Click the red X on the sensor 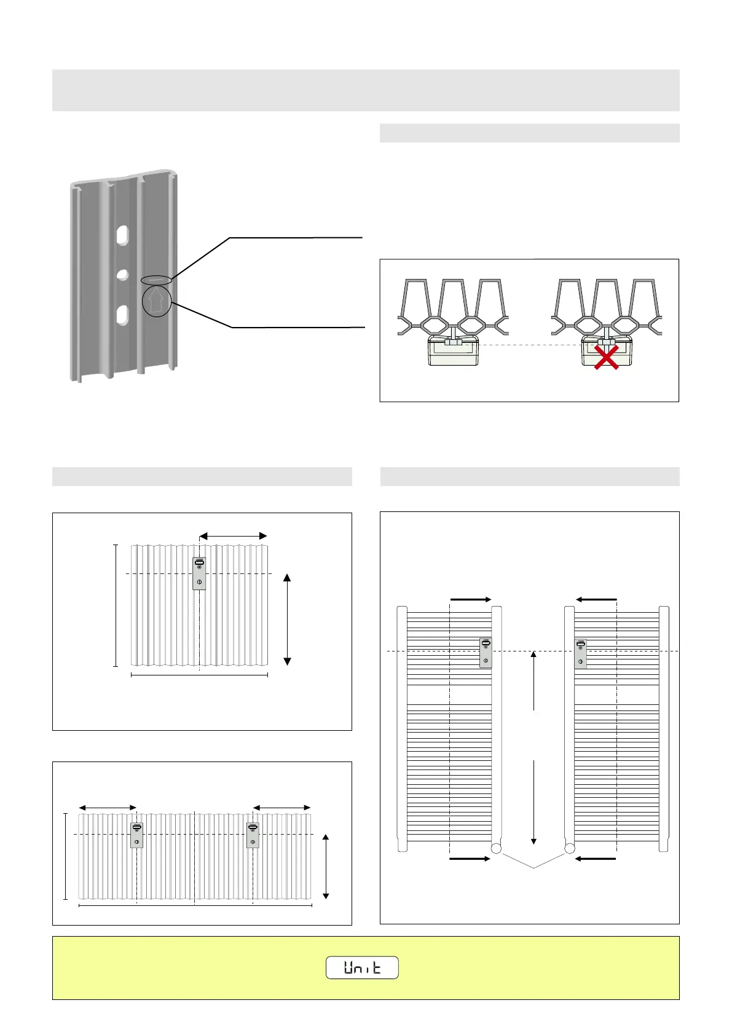tap(606, 357)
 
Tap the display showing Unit tap(362, 967)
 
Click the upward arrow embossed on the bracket tap(156, 301)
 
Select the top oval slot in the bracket tap(123, 235)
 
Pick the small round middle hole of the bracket tap(123, 274)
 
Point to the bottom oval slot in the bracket tap(123, 315)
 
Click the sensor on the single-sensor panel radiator tap(199, 573)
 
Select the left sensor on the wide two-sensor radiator tap(136, 835)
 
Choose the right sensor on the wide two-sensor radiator tap(253, 835)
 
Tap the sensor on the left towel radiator tap(486, 653)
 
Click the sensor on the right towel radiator tap(580, 653)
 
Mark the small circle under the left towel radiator tap(496, 849)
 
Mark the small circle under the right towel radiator tap(570, 849)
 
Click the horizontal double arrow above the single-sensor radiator tap(234, 537)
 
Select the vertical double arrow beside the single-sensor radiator tap(287, 620)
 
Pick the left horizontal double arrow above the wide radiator tap(108, 808)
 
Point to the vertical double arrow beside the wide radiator tap(326, 867)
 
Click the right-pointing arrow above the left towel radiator tap(471, 599)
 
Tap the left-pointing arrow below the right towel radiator tap(595, 858)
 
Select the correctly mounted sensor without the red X tap(453, 350)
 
